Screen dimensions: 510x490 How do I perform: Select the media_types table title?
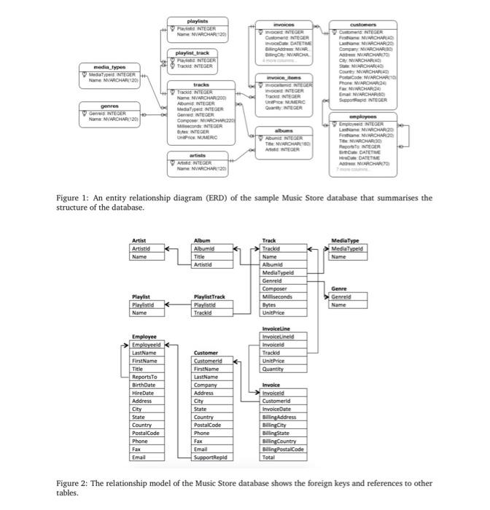(x=106, y=66)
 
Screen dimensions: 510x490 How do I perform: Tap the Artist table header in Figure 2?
(x=139, y=240)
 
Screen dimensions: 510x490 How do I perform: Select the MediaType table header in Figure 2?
(x=346, y=240)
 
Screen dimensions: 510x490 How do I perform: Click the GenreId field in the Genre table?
(x=343, y=298)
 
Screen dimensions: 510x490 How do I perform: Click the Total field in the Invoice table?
(x=269, y=457)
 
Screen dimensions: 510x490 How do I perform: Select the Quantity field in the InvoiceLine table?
(x=273, y=369)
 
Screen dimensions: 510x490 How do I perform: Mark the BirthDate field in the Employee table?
(x=144, y=385)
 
